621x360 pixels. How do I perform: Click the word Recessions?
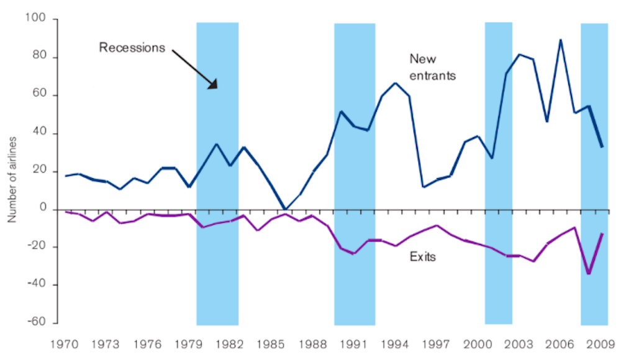coord(132,47)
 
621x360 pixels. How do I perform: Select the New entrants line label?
coord(433,67)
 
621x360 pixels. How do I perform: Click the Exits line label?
coord(422,256)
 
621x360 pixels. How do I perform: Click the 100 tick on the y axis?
coord(39,20)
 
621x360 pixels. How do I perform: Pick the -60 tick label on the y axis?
coord(39,323)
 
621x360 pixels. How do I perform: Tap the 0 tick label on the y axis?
coord(45,209)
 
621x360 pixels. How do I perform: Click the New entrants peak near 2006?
coord(561,40)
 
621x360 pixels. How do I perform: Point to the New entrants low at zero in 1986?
coord(285,209)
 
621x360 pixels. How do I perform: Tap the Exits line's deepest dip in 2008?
coord(588,273)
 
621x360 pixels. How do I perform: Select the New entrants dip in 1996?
coord(423,186)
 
